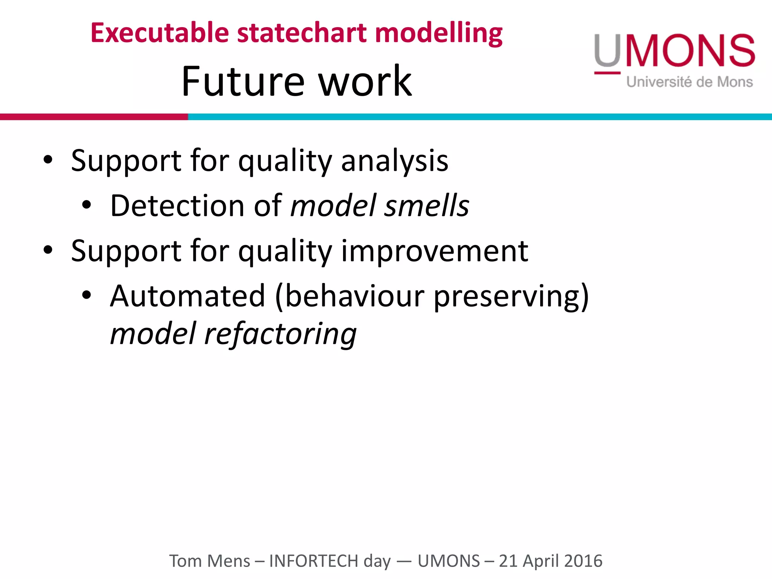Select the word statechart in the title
pyautogui.click(x=302, y=33)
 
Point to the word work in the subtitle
pyautogui.click(x=365, y=81)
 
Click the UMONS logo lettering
pyautogui.click(x=674, y=51)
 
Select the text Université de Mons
pyautogui.click(x=689, y=82)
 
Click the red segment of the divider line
pyautogui.click(x=94, y=117)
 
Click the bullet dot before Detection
pyautogui.click(x=86, y=205)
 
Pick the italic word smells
pyautogui.click(x=426, y=206)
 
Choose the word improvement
pyautogui.click(x=434, y=251)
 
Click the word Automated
pyautogui.click(x=187, y=296)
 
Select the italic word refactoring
pyautogui.click(x=280, y=334)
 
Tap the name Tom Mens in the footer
pyautogui.click(x=209, y=561)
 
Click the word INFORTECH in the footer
pyautogui.click(x=313, y=561)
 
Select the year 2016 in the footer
pyautogui.click(x=583, y=561)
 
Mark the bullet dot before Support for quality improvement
pyautogui.click(x=47, y=250)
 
